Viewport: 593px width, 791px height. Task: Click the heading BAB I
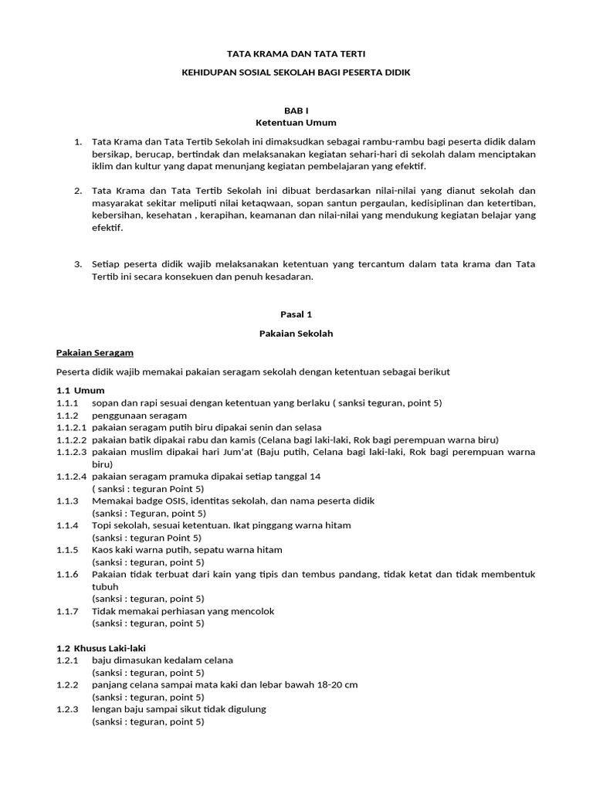pyautogui.click(x=296, y=110)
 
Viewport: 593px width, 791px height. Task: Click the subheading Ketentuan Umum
pyautogui.click(x=296, y=123)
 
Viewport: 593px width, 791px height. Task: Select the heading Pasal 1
pyautogui.click(x=296, y=314)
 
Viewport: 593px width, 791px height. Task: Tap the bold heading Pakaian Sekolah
pyautogui.click(x=296, y=334)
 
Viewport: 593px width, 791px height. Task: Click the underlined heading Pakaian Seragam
pyautogui.click(x=95, y=353)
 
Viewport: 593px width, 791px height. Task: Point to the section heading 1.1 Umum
pyautogui.click(x=80, y=390)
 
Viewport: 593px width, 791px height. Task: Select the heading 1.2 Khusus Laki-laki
pyautogui.click(x=101, y=648)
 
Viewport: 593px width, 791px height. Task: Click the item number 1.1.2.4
pyautogui.click(x=72, y=476)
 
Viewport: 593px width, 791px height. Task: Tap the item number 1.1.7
pyautogui.click(x=68, y=611)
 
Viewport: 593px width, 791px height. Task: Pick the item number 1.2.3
pyautogui.click(x=68, y=709)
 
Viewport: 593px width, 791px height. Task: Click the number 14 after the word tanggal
pyautogui.click(x=314, y=476)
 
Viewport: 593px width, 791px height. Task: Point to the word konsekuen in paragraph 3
pyautogui.click(x=185, y=277)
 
